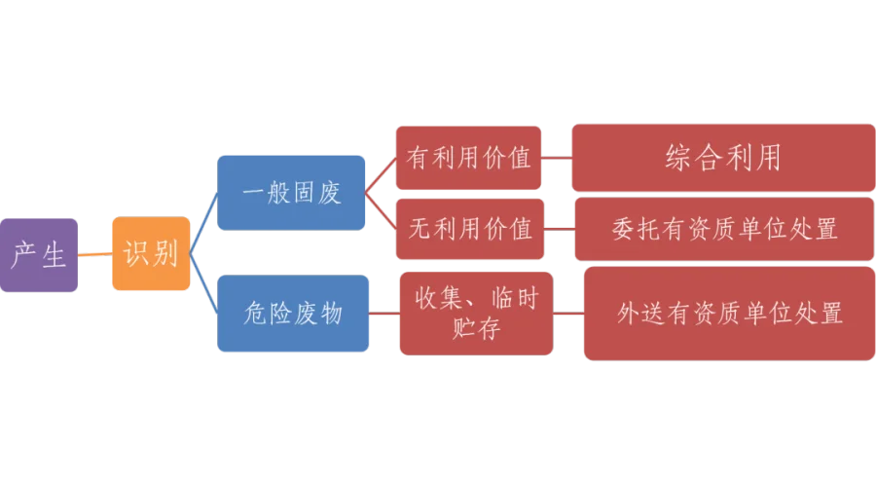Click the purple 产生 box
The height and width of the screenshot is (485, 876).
[39, 255]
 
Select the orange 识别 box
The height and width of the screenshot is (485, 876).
[150, 255]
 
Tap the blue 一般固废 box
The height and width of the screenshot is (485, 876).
[291, 192]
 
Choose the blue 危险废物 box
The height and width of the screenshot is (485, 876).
[291, 314]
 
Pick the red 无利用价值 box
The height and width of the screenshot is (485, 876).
[469, 229]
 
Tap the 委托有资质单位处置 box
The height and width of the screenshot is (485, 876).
[724, 229]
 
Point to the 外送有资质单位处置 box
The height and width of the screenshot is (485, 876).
[729, 314]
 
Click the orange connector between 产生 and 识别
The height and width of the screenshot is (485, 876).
[93, 255]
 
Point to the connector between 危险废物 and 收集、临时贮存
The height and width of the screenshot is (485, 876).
[384, 314]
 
